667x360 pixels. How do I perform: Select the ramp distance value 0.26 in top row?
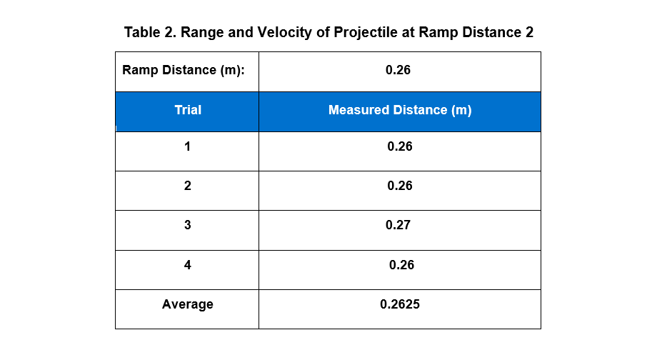point(398,71)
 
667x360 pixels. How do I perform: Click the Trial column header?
point(188,111)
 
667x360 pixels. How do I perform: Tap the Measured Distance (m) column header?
point(400,111)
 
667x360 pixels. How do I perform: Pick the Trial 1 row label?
point(187,147)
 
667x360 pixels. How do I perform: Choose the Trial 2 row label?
point(187,186)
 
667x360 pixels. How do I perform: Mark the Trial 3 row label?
point(187,226)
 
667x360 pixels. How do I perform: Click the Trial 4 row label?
point(187,265)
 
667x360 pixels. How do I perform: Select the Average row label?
point(187,304)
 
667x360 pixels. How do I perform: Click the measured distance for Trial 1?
point(400,147)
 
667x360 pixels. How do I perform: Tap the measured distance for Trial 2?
point(400,186)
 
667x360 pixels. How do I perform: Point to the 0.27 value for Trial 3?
point(398,226)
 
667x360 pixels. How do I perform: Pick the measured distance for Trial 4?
point(401,265)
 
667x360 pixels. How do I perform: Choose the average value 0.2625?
point(400,304)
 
